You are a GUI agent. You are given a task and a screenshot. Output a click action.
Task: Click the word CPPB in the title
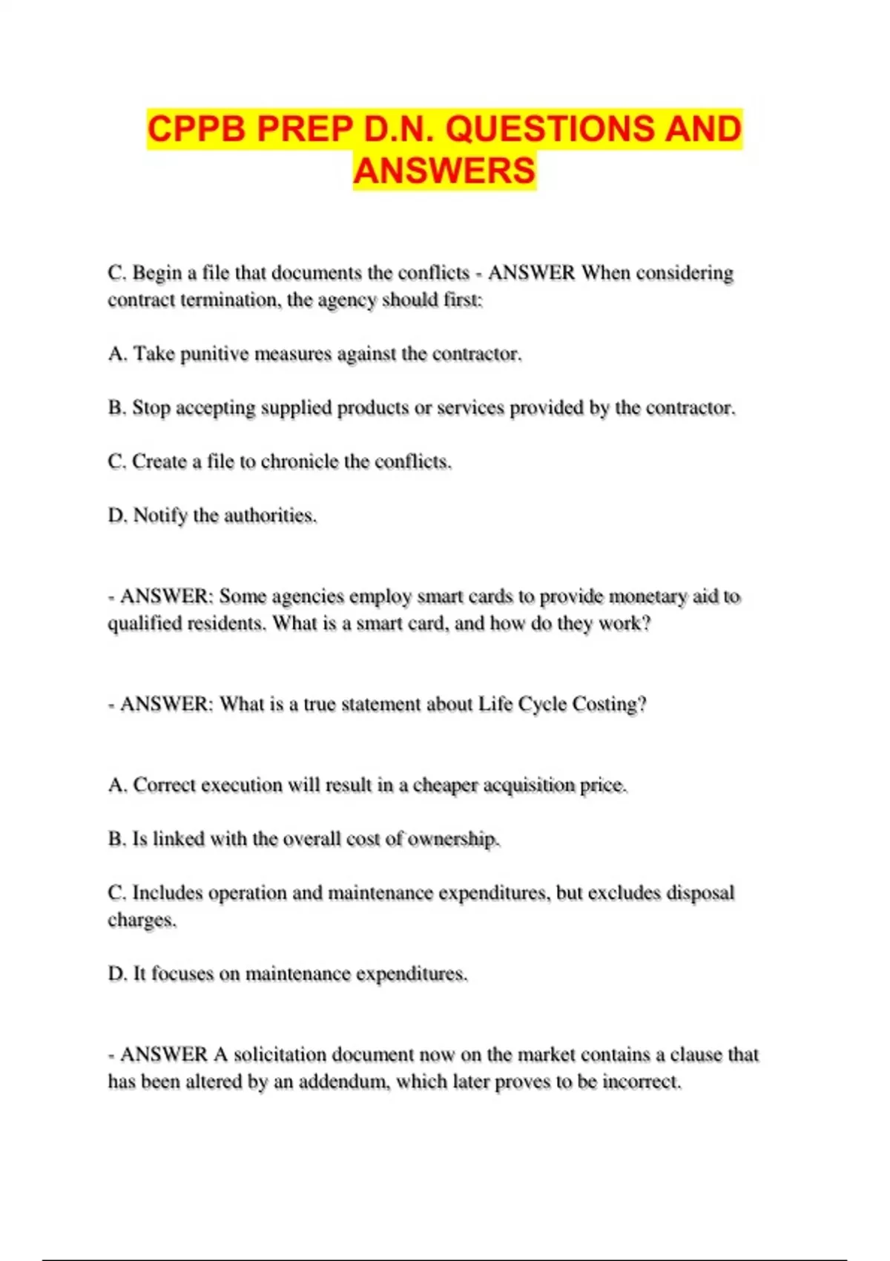[197, 129]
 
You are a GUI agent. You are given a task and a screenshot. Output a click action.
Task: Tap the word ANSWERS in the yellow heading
[444, 171]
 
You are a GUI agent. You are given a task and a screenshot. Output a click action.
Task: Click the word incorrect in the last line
[642, 1082]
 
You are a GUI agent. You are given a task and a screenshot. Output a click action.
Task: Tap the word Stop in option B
[151, 408]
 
